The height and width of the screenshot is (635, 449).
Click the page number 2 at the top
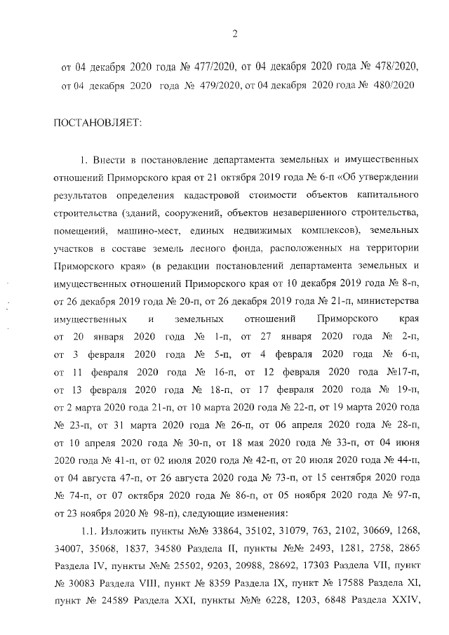coord(236,33)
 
